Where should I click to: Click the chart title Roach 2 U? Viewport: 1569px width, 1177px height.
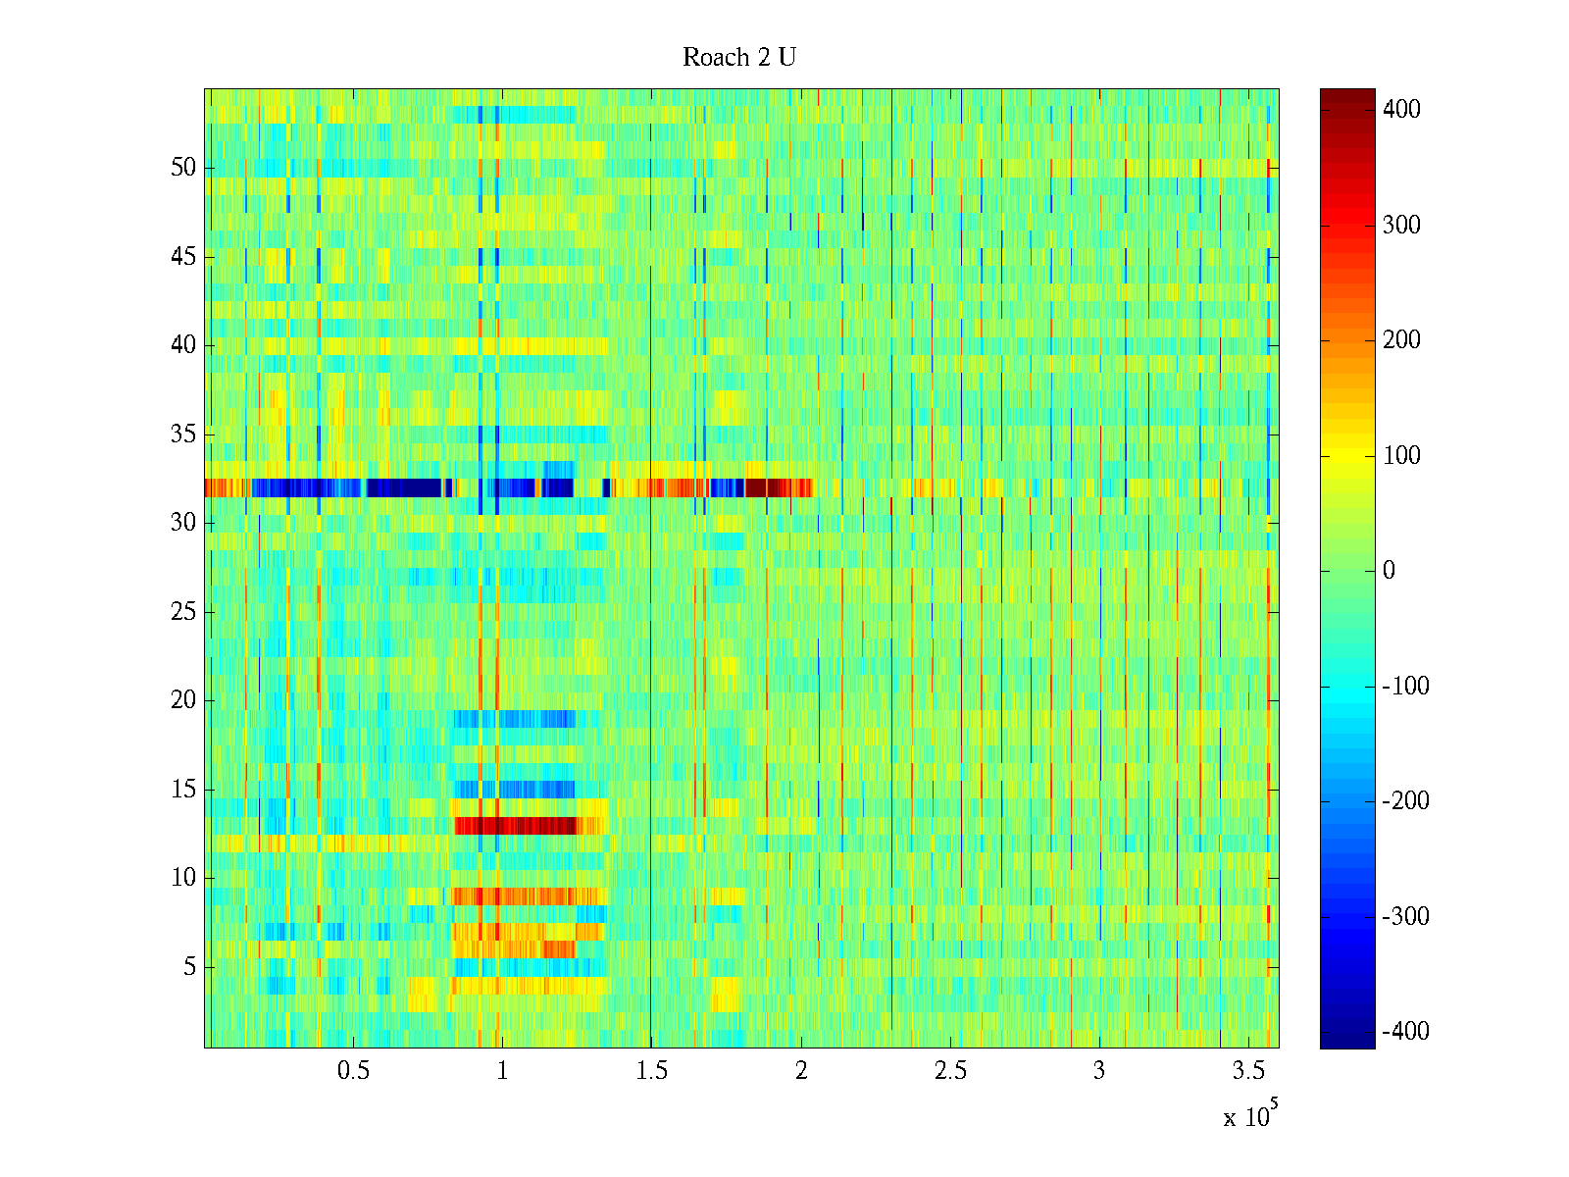point(739,58)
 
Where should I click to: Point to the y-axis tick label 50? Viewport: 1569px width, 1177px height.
point(183,168)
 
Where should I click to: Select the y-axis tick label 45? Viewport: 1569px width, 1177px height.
point(183,257)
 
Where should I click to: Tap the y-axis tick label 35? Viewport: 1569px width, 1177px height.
point(183,435)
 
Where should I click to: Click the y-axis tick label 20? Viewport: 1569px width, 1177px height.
point(183,700)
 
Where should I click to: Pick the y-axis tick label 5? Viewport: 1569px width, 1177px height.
point(189,967)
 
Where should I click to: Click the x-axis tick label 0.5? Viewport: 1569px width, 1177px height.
point(354,1071)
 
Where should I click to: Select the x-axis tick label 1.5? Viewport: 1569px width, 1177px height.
point(652,1071)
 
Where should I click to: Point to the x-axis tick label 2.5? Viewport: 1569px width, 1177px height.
point(950,1071)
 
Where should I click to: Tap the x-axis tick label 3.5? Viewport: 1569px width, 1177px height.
point(1248,1071)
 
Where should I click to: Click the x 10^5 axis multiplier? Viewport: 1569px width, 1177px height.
point(1250,1116)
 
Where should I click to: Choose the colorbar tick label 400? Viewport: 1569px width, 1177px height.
point(1401,109)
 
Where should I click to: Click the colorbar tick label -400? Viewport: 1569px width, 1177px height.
point(1405,1031)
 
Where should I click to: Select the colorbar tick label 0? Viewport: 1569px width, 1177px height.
point(1389,571)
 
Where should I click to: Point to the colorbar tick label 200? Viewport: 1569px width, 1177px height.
point(1401,340)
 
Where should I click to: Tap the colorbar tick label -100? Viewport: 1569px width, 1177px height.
point(1405,686)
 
